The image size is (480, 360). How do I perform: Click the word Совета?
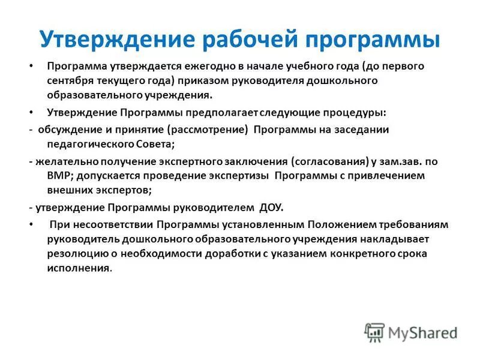153,145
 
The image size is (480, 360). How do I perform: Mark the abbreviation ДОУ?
270,208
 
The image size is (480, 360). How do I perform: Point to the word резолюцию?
74,254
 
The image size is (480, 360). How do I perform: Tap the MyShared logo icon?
374,332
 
